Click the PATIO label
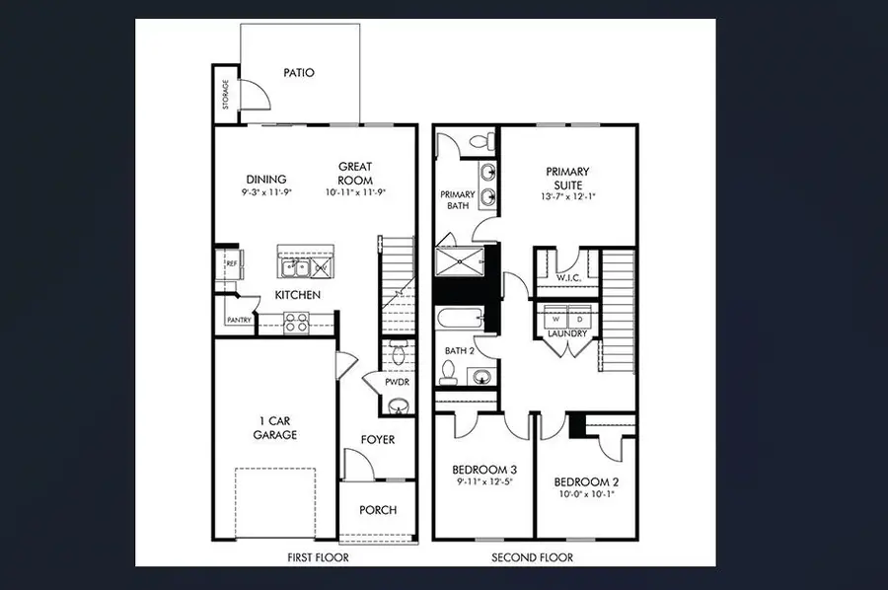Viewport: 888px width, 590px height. tap(298, 72)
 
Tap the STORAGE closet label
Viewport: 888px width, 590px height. tap(226, 94)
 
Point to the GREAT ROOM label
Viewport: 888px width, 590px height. tap(355, 174)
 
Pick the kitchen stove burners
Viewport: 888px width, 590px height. tap(296, 320)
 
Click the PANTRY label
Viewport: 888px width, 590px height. tap(239, 320)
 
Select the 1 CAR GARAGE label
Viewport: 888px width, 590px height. tap(274, 428)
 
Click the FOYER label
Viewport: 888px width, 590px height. tap(377, 439)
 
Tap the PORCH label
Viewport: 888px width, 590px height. tap(378, 510)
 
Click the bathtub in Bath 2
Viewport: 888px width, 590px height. tap(461, 322)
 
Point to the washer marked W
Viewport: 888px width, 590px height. tap(555, 320)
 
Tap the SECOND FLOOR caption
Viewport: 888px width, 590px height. tap(532, 557)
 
